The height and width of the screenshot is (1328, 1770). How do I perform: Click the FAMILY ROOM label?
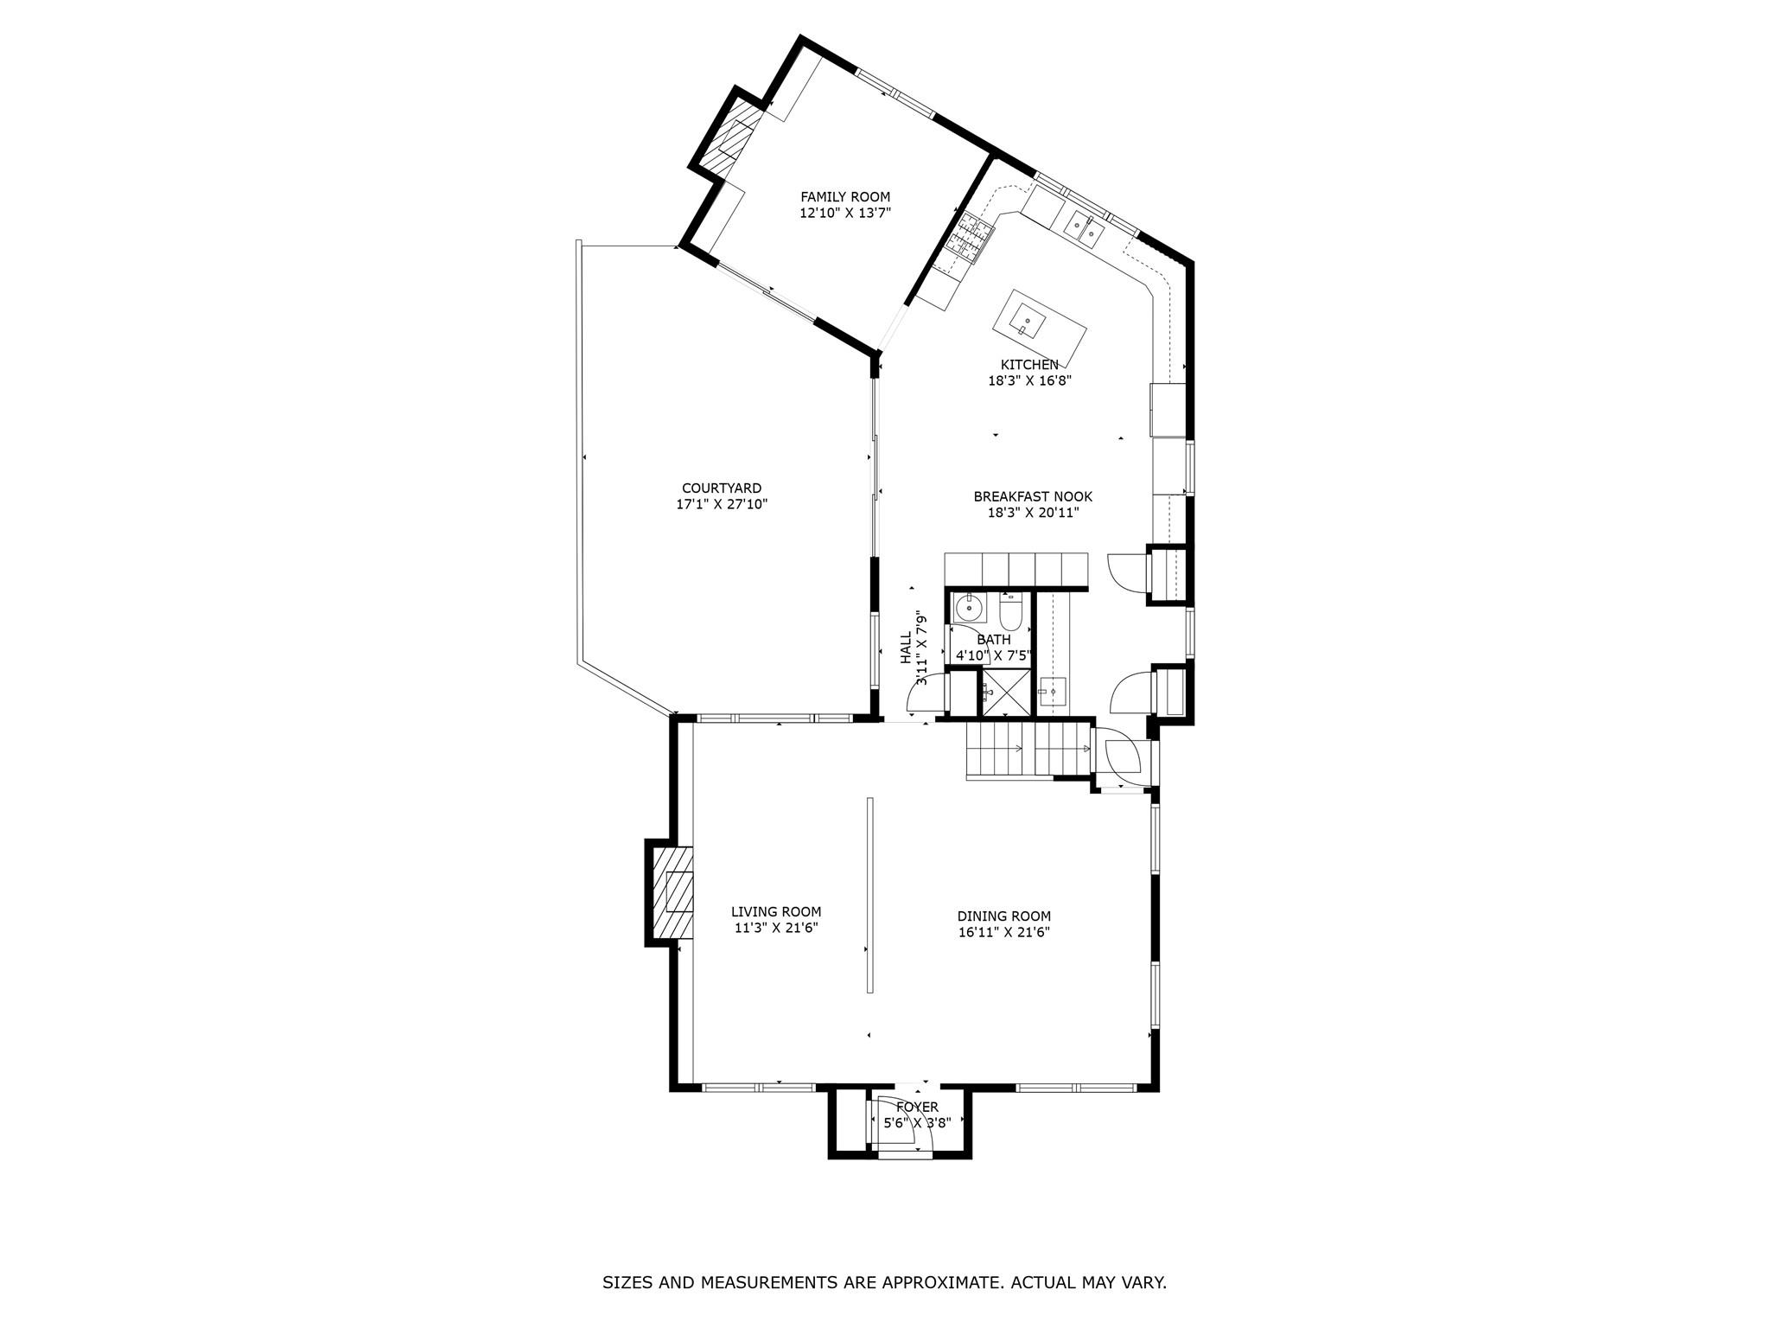pos(844,197)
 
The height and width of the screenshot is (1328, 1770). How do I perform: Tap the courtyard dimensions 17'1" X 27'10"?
pos(722,504)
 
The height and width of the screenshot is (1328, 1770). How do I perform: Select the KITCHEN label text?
pos(1029,365)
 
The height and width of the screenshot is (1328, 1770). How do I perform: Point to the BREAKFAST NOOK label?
pos(1033,496)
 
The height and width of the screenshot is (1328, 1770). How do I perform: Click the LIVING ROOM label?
pos(776,911)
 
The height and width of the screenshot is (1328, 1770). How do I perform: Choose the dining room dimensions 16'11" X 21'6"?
pos(1003,932)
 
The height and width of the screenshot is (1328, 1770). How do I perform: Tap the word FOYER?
pos(917,1108)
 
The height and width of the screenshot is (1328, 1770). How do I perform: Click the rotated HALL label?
pos(906,648)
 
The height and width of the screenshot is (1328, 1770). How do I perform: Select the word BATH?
pos(994,640)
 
